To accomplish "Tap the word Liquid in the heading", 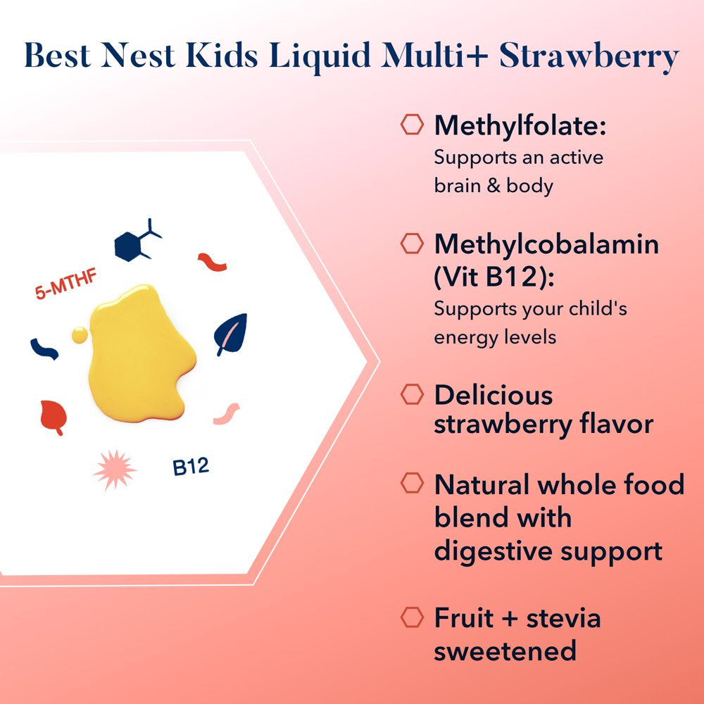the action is pos(320,57).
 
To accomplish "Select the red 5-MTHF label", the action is pos(66,284).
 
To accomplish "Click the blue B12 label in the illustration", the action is pos(191,467).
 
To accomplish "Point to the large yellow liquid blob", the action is pos(139,355).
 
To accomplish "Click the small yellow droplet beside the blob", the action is pos(80,335).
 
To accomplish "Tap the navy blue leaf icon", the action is pos(231,334).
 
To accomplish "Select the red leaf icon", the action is pos(54,417).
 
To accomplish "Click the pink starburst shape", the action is pos(115,470).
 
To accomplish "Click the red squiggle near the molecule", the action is pos(213,262).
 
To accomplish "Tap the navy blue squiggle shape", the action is pos(44,349).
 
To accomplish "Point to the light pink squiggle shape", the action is pos(226,413).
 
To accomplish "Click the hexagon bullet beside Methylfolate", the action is pos(412,125).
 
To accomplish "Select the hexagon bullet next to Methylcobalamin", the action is pos(412,244).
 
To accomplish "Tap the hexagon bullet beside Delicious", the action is pos(412,394).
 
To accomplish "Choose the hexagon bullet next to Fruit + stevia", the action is pos(412,617).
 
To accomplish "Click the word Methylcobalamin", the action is pos(546,244).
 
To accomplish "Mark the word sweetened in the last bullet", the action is pos(505,650).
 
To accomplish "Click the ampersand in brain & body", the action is pos(494,186).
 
